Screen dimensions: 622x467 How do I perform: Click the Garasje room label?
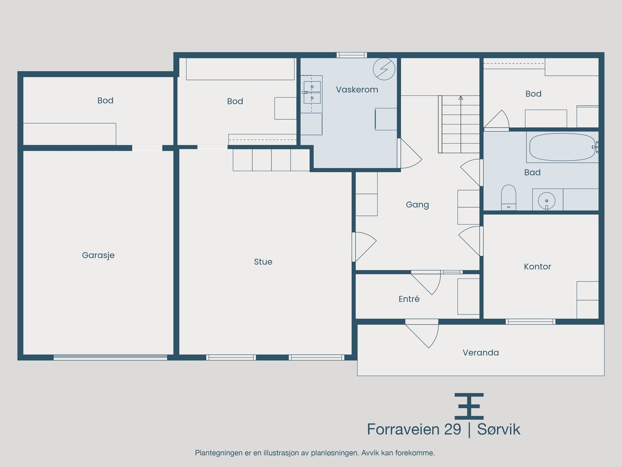pos(98,255)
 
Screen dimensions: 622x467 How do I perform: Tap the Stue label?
pos(263,262)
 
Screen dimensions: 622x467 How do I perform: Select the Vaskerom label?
pos(357,90)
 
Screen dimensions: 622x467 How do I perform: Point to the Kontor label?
pos(537,267)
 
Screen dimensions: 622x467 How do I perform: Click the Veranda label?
pos(480,353)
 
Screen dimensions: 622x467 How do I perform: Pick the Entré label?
pos(409,298)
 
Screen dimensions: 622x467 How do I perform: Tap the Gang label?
pos(417,205)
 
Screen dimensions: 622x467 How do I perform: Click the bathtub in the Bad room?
pos(563,147)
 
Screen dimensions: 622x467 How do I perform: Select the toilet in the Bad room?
pos(508,197)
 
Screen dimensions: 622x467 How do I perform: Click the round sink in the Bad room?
pos(547,201)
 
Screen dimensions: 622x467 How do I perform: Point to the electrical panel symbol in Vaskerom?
pos(384,69)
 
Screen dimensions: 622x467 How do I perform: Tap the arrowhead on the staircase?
pos(461,98)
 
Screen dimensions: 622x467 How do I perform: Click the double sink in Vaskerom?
pos(312,93)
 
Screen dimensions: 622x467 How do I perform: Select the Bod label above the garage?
pos(105,100)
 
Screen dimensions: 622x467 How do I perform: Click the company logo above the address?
pos(469,406)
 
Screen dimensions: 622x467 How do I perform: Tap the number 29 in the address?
pos(453,429)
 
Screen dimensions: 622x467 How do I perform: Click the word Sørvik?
pos(499,429)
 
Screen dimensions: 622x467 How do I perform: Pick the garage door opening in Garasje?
pos(110,357)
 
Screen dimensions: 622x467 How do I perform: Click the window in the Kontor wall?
pos(531,321)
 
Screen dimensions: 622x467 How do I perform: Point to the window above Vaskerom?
pos(352,55)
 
